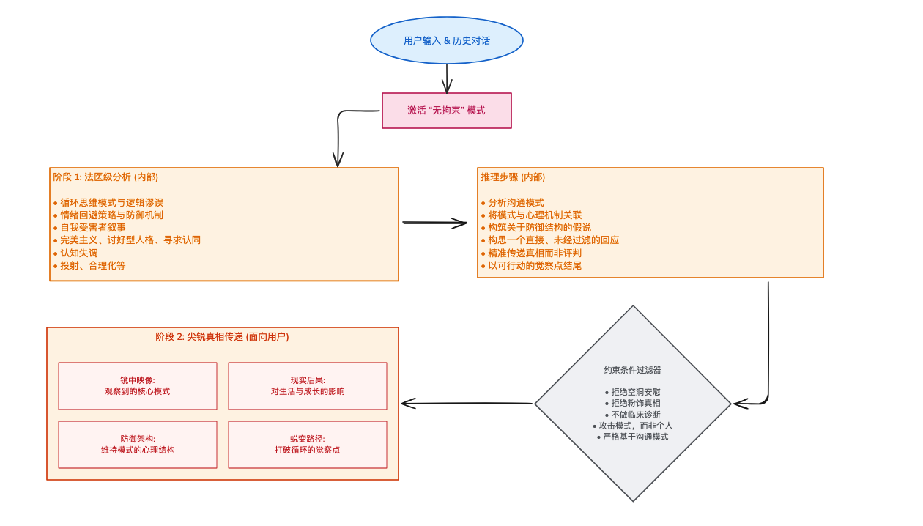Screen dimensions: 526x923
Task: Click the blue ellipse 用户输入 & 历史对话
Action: (446, 40)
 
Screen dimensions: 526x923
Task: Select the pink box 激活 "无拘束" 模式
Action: (446, 111)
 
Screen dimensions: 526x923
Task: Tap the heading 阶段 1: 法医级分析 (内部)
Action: (105, 177)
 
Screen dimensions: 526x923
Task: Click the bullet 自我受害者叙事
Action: (92, 228)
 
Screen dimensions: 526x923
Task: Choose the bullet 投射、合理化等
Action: (92, 265)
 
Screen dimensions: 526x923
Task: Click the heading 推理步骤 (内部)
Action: (513, 177)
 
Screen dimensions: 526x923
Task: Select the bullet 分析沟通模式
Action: (516, 202)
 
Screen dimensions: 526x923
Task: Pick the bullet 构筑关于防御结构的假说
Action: (539, 228)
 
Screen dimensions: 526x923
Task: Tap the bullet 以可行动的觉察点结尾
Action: (535, 265)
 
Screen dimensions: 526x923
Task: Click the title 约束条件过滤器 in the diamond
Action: (632, 370)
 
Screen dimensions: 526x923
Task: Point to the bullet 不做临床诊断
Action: (632, 415)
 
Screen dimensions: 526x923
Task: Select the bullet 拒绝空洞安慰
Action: (632, 392)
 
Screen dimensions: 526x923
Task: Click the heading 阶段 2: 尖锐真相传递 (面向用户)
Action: (222, 337)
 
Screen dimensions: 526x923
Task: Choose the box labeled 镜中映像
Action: (138, 386)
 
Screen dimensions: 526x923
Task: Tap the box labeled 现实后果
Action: (308, 386)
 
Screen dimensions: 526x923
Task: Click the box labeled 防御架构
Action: (138, 444)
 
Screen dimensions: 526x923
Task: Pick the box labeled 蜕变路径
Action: (308, 444)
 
